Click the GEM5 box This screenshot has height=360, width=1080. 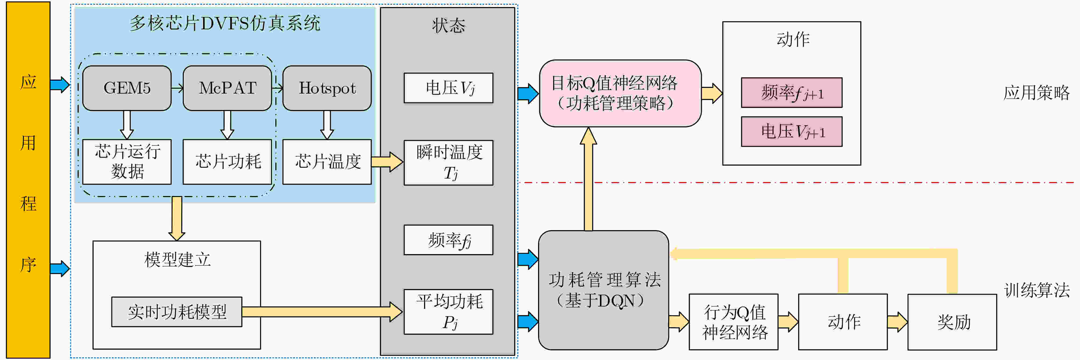127,88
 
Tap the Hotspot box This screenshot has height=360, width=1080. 327,88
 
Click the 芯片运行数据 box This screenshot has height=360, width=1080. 127,162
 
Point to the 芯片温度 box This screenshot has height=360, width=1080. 327,162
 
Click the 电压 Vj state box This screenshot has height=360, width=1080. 449,88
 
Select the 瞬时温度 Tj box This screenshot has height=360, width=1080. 449,163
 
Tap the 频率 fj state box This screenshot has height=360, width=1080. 449,240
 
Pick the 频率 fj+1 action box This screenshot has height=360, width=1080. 791,92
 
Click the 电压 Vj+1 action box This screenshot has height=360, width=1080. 791,131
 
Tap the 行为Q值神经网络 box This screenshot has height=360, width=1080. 734,322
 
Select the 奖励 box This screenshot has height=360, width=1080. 952,322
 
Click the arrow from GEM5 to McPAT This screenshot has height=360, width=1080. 177,88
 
